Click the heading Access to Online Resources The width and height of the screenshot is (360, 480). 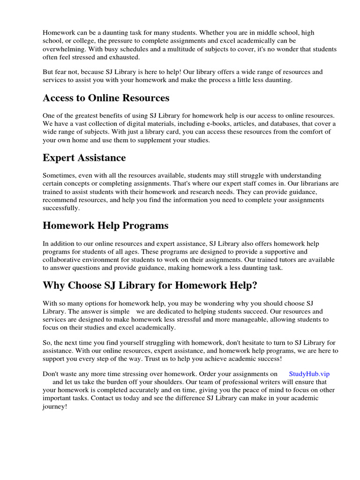[x=106, y=98]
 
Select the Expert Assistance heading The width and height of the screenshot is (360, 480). [x=84, y=157]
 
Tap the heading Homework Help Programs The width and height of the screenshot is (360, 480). [x=105, y=225]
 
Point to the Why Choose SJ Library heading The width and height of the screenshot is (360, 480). [x=150, y=285]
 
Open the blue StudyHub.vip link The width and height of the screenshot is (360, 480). [x=309, y=374]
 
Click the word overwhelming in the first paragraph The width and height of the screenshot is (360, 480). [x=62, y=49]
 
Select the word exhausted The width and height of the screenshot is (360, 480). [x=123, y=57]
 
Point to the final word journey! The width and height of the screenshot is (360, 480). [x=55, y=406]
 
